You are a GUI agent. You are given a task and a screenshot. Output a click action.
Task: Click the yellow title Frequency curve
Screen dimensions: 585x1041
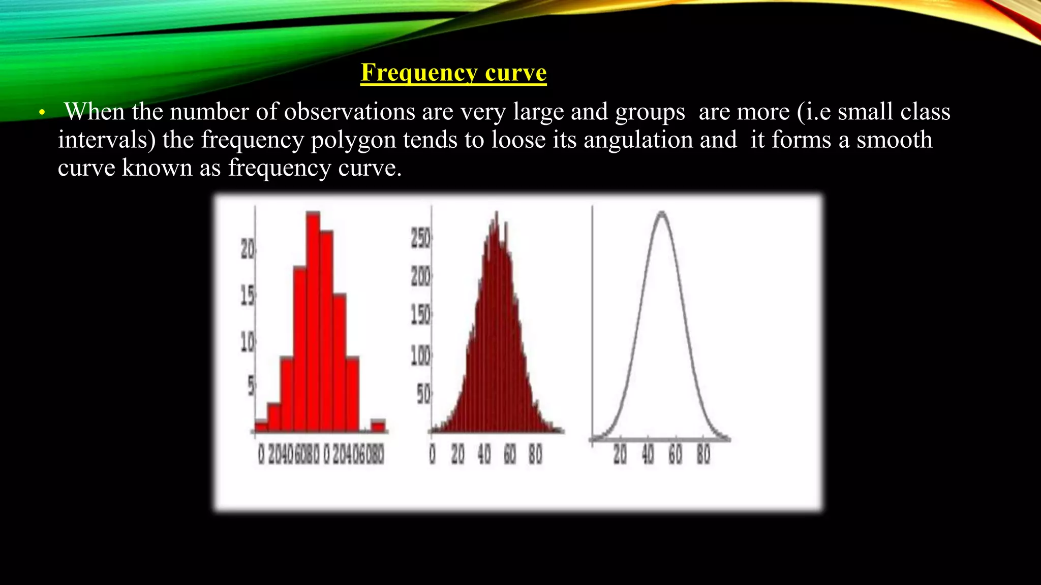click(453, 73)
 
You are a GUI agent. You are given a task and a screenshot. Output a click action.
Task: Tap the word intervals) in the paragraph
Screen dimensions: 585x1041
click(107, 140)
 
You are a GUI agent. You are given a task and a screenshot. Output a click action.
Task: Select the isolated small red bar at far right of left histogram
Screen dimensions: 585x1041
click(378, 425)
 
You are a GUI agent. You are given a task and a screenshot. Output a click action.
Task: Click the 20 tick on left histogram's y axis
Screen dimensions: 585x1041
click(248, 249)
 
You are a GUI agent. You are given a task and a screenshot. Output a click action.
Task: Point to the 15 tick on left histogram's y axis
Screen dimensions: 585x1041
click(248, 296)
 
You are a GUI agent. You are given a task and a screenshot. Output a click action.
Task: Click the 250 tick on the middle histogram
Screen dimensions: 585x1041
click(420, 238)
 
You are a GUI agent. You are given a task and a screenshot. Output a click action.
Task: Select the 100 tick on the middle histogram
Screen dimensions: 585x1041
click(420, 355)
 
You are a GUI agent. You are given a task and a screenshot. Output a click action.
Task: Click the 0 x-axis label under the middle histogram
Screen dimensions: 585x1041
click(432, 454)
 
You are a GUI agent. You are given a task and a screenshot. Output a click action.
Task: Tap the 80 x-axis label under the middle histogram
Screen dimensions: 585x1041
click(535, 454)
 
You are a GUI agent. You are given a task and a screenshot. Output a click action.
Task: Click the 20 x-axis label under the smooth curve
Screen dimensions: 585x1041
click(620, 454)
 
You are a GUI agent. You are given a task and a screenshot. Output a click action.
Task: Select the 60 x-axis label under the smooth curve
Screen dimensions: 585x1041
click(675, 454)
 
